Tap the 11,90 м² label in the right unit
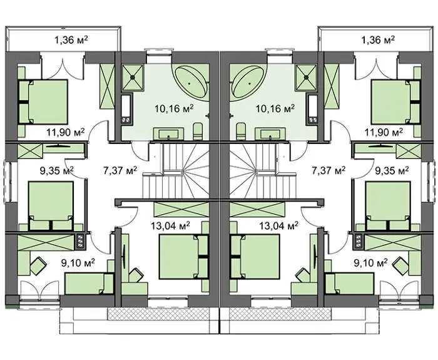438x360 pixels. click(384, 132)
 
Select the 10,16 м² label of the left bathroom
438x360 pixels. click(174, 108)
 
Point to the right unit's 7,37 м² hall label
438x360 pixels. click(328, 170)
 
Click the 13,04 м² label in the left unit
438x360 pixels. click(170, 225)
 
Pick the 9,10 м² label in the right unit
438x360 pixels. click(370, 263)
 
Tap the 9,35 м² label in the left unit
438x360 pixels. click(57, 170)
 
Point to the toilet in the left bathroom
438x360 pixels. click(198, 131)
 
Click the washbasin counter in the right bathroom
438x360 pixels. click(270, 133)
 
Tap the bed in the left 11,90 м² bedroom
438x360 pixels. click(43, 101)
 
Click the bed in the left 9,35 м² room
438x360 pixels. click(51, 206)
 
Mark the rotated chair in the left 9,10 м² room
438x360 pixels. click(38, 265)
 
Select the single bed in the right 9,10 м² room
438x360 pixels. click(350, 284)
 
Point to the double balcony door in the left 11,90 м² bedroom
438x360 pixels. click(63, 67)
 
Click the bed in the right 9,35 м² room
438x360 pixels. click(388, 206)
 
